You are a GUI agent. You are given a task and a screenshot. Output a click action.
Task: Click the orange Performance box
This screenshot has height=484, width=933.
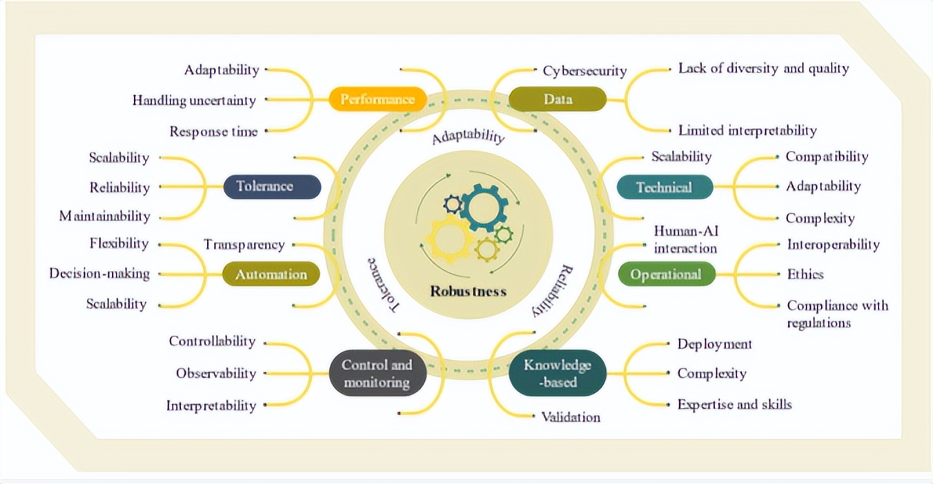click(377, 99)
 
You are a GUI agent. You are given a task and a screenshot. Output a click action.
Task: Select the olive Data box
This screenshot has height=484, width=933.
click(558, 99)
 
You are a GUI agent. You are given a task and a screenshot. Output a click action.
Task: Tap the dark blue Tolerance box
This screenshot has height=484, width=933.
click(273, 186)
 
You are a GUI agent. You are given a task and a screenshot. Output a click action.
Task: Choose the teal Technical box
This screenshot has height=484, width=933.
click(664, 187)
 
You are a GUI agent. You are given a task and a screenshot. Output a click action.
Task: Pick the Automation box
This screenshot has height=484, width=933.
click(271, 274)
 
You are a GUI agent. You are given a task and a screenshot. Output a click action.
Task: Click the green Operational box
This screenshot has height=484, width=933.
click(665, 274)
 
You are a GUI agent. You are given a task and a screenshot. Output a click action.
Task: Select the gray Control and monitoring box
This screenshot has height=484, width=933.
click(377, 374)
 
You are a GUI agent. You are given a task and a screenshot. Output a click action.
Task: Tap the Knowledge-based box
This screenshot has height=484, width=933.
click(558, 373)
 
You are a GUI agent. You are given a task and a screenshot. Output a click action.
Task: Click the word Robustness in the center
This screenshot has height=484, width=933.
click(468, 291)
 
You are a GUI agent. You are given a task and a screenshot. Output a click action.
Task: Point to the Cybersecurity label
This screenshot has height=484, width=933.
click(585, 71)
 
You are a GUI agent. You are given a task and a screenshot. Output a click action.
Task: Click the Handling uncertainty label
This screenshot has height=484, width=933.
click(194, 101)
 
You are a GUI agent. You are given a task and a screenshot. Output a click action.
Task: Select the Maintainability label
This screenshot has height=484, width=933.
click(104, 216)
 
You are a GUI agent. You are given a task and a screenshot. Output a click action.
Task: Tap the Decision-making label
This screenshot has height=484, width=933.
click(99, 274)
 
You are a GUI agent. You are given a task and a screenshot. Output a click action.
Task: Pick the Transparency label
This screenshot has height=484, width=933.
click(244, 245)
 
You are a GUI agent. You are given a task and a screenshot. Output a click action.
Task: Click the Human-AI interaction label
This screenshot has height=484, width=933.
click(685, 239)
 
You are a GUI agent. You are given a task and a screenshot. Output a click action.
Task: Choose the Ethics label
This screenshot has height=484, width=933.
click(805, 274)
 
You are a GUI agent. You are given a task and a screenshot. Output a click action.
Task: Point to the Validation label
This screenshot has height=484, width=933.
click(570, 417)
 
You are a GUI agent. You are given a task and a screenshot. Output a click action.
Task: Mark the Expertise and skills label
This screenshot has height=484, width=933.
click(734, 404)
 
